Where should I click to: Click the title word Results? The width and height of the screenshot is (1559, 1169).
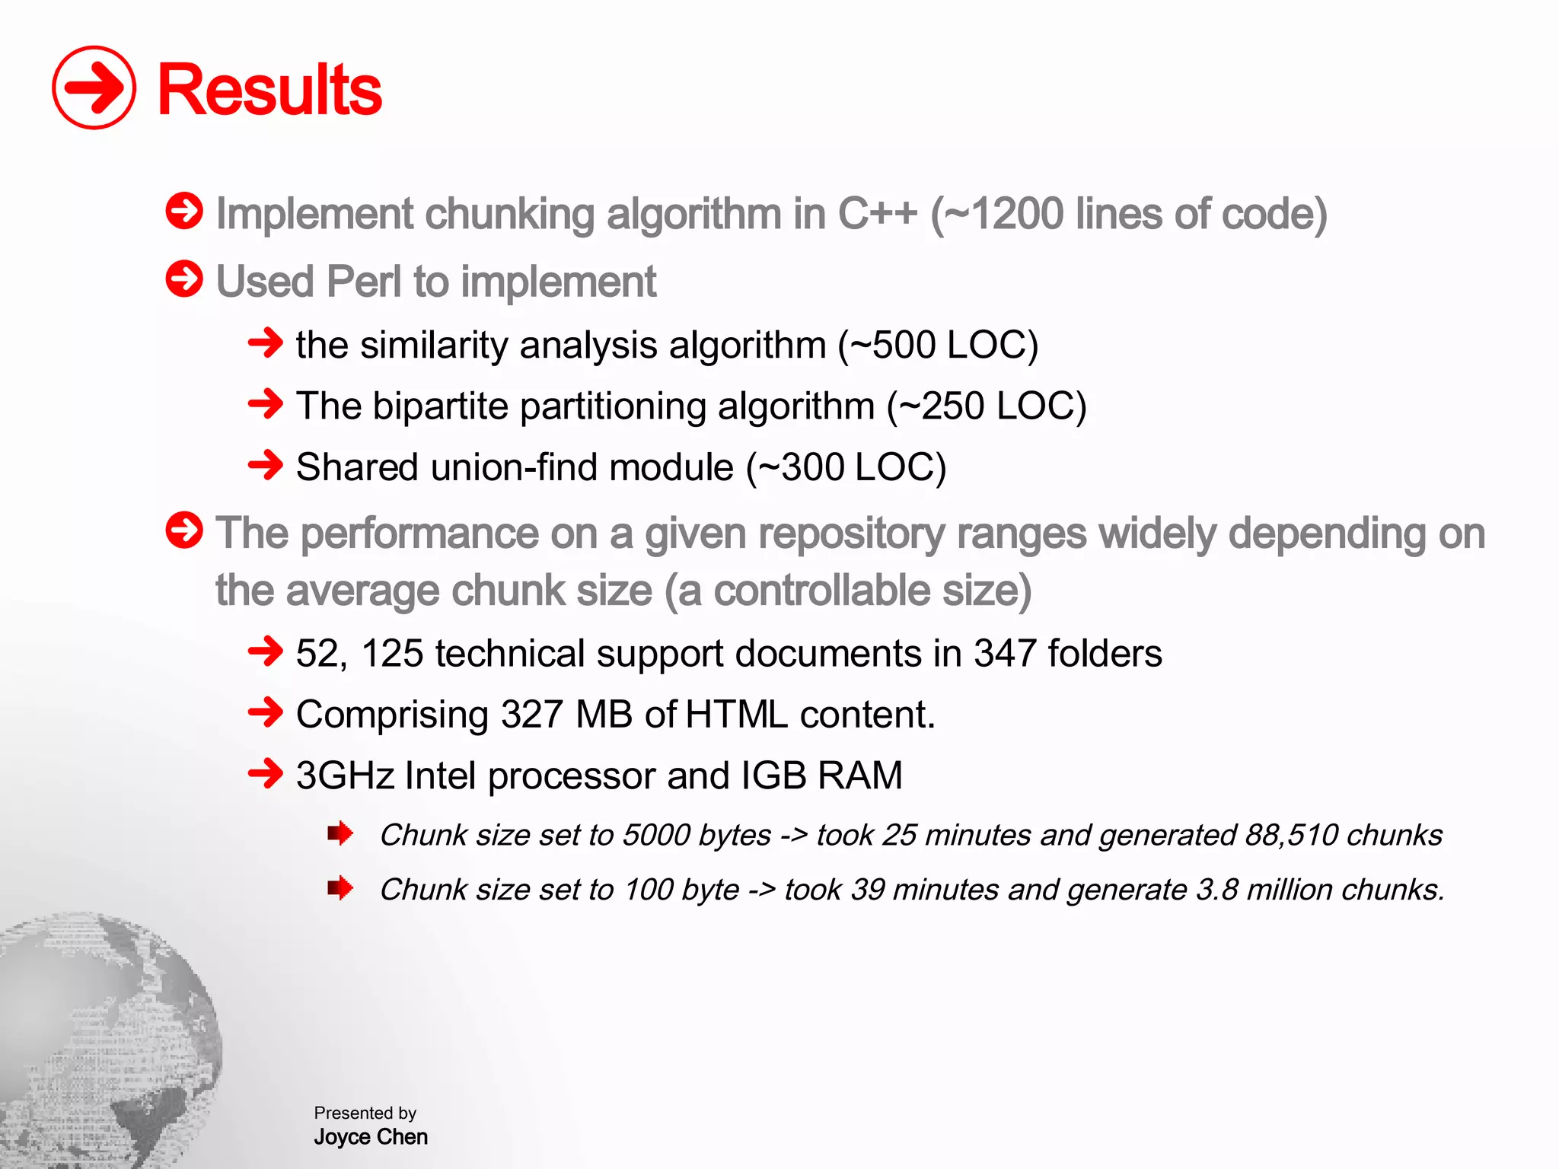(269, 90)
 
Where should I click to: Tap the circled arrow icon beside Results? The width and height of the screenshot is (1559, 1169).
(94, 88)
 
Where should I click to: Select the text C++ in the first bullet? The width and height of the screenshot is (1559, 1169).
(877, 214)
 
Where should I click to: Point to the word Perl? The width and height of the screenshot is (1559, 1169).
(363, 282)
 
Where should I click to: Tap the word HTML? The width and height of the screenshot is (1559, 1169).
(735, 715)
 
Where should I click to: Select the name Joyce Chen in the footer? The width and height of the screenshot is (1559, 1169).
(371, 1137)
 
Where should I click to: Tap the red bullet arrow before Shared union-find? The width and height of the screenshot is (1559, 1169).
(266, 464)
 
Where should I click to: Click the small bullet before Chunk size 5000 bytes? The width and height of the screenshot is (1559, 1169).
(340, 833)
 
